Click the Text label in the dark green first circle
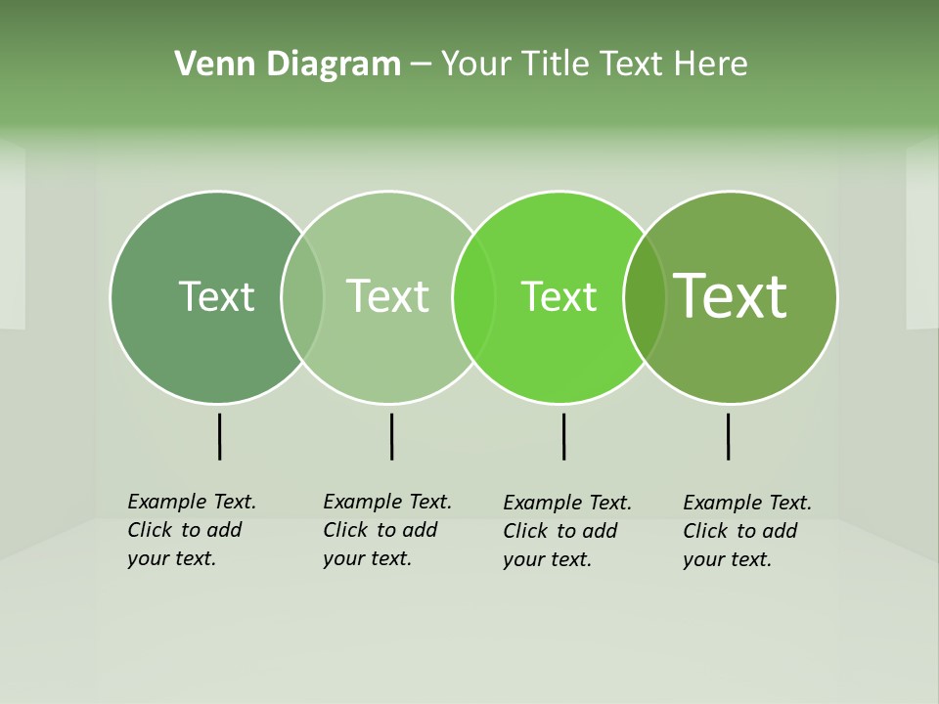(x=216, y=296)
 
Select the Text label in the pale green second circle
(x=387, y=296)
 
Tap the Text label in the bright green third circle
(x=559, y=296)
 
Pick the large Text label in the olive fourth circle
(x=731, y=295)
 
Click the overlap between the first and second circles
(x=302, y=296)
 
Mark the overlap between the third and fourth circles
(x=645, y=296)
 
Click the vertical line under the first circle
(x=219, y=436)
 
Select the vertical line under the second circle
(x=391, y=436)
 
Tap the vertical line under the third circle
(x=563, y=436)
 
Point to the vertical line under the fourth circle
(x=728, y=436)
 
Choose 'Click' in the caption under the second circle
(x=344, y=530)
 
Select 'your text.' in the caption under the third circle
(x=547, y=560)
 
